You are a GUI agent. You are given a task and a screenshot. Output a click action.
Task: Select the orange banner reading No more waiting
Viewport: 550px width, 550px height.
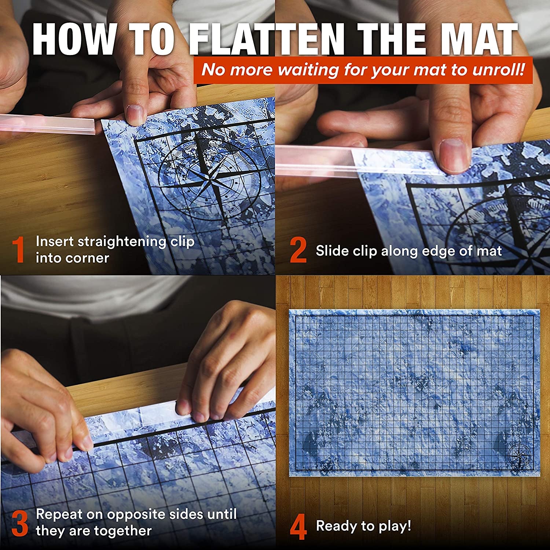(363, 70)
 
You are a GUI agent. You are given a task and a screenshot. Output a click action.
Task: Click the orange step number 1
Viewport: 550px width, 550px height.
(18, 250)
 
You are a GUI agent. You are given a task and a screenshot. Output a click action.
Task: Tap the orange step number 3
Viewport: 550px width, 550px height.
(19, 524)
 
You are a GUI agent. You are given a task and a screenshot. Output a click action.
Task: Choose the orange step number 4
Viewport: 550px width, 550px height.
(298, 527)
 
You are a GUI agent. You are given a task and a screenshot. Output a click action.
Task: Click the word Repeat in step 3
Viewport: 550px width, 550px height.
(59, 514)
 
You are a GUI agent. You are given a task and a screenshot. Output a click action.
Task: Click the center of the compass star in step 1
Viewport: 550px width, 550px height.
(210, 180)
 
